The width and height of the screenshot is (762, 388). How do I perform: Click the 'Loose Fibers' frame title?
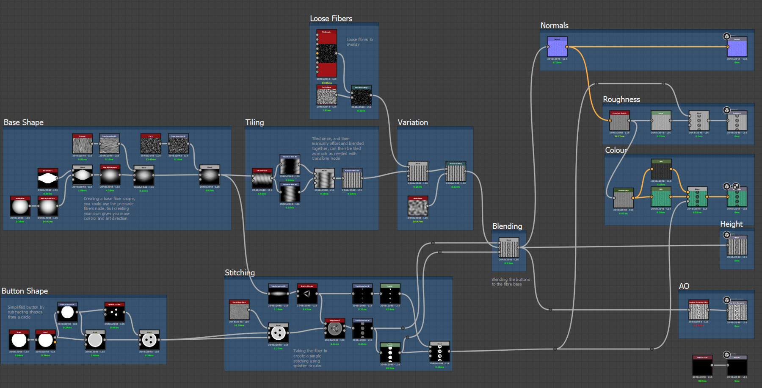[331, 19]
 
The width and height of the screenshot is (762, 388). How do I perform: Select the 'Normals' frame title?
[554, 25]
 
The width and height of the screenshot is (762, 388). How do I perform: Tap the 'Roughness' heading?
[621, 99]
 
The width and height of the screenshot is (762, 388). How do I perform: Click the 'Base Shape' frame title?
[24, 122]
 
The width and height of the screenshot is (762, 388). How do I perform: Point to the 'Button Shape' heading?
[25, 291]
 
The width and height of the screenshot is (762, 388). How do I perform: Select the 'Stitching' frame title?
[240, 273]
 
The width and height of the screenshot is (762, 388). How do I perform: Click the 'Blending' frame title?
[507, 226]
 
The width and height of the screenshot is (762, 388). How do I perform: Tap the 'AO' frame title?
[684, 286]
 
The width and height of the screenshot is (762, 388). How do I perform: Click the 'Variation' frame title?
[412, 122]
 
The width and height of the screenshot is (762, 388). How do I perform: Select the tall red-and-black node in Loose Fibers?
[326, 53]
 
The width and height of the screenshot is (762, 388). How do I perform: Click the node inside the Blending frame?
[508, 248]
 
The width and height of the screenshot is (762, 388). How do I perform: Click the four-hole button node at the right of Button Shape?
[149, 340]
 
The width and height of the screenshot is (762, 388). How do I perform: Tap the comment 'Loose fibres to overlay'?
[359, 42]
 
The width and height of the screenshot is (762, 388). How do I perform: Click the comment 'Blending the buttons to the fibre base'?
[510, 282]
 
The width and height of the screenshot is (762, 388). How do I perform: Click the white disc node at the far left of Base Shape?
[20, 207]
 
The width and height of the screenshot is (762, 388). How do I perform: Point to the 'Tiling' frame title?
[254, 122]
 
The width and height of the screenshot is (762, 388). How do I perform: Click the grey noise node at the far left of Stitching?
[239, 311]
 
